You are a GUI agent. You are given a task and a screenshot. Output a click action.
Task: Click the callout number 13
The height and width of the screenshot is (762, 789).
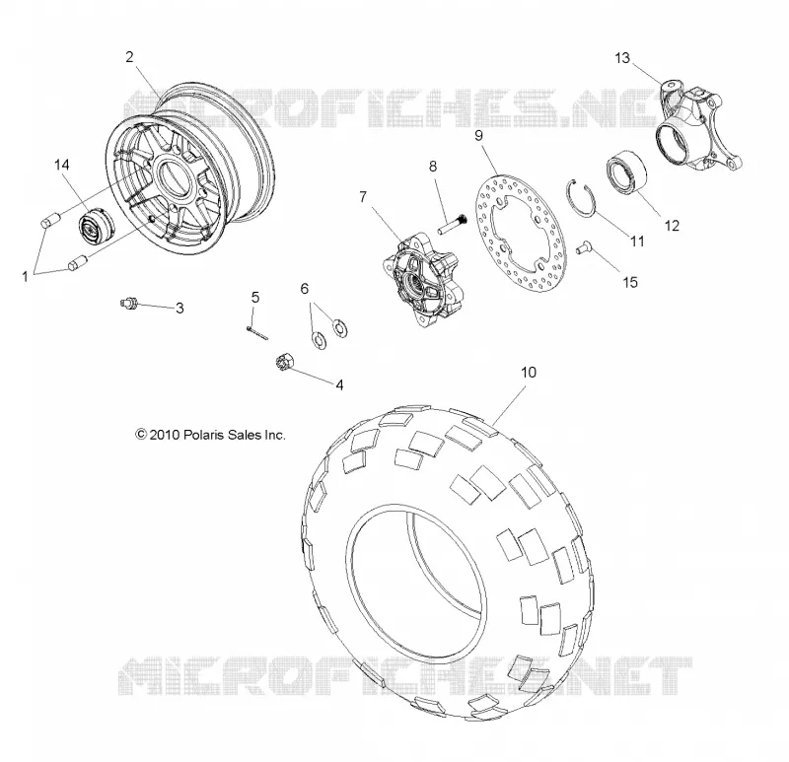point(622,58)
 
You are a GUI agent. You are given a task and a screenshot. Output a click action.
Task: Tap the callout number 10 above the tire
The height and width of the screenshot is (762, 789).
point(529,373)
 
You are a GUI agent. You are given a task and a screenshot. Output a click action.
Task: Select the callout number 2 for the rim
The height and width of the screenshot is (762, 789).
point(130,57)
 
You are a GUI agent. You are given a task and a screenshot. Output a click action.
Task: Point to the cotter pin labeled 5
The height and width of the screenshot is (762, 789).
point(257,333)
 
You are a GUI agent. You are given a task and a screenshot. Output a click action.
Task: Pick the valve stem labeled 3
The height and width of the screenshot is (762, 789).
point(129,303)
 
